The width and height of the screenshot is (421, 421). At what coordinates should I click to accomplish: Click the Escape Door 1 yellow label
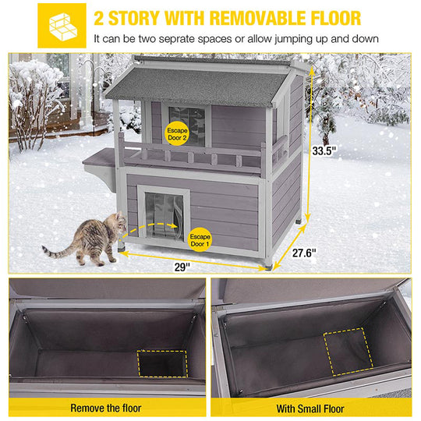[200, 237]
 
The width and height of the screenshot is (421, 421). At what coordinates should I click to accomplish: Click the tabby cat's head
[117, 224]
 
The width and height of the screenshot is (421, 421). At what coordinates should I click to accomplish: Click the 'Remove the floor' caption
[105, 407]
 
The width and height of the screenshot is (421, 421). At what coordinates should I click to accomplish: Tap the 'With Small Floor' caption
[316, 407]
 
